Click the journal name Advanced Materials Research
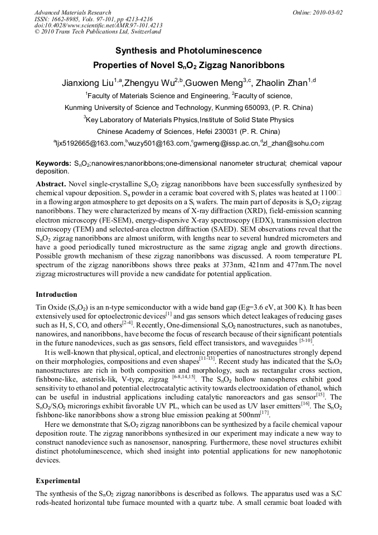[x=72, y=12]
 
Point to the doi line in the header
[x=98, y=26]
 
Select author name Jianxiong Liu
[x=87, y=84]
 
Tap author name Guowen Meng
[x=207, y=84]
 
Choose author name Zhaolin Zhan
[x=281, y=84]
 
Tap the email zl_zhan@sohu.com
[x=293, y=144]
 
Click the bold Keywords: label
[x=53, y=163]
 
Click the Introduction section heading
[x=56, y=294]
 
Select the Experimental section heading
[x=58, y=480]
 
